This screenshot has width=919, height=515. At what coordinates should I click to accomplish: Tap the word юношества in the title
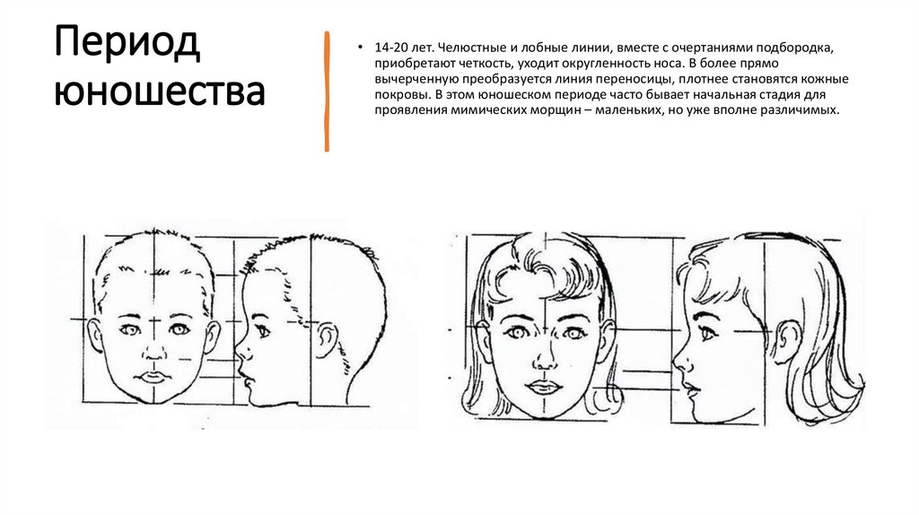point(160,92)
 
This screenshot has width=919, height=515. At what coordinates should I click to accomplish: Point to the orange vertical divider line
point(327,92)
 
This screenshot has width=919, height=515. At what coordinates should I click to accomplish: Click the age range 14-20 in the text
point(391,48)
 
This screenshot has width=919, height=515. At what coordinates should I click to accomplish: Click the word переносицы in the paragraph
point(641,80)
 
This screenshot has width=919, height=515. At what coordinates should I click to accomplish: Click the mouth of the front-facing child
point(154,376)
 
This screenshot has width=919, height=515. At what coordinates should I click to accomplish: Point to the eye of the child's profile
point(263,332)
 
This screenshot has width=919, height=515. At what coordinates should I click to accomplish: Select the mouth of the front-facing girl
point(545,387)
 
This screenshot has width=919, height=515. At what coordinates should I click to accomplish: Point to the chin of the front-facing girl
point(545,412)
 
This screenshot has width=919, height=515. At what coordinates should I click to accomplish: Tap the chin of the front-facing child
point(154,397)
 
